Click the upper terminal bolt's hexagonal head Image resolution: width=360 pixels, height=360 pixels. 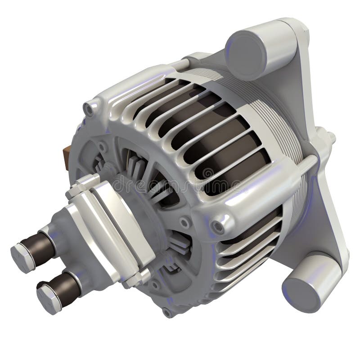click(21, 256)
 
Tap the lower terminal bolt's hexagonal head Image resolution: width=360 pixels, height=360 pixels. click(48, 298)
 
